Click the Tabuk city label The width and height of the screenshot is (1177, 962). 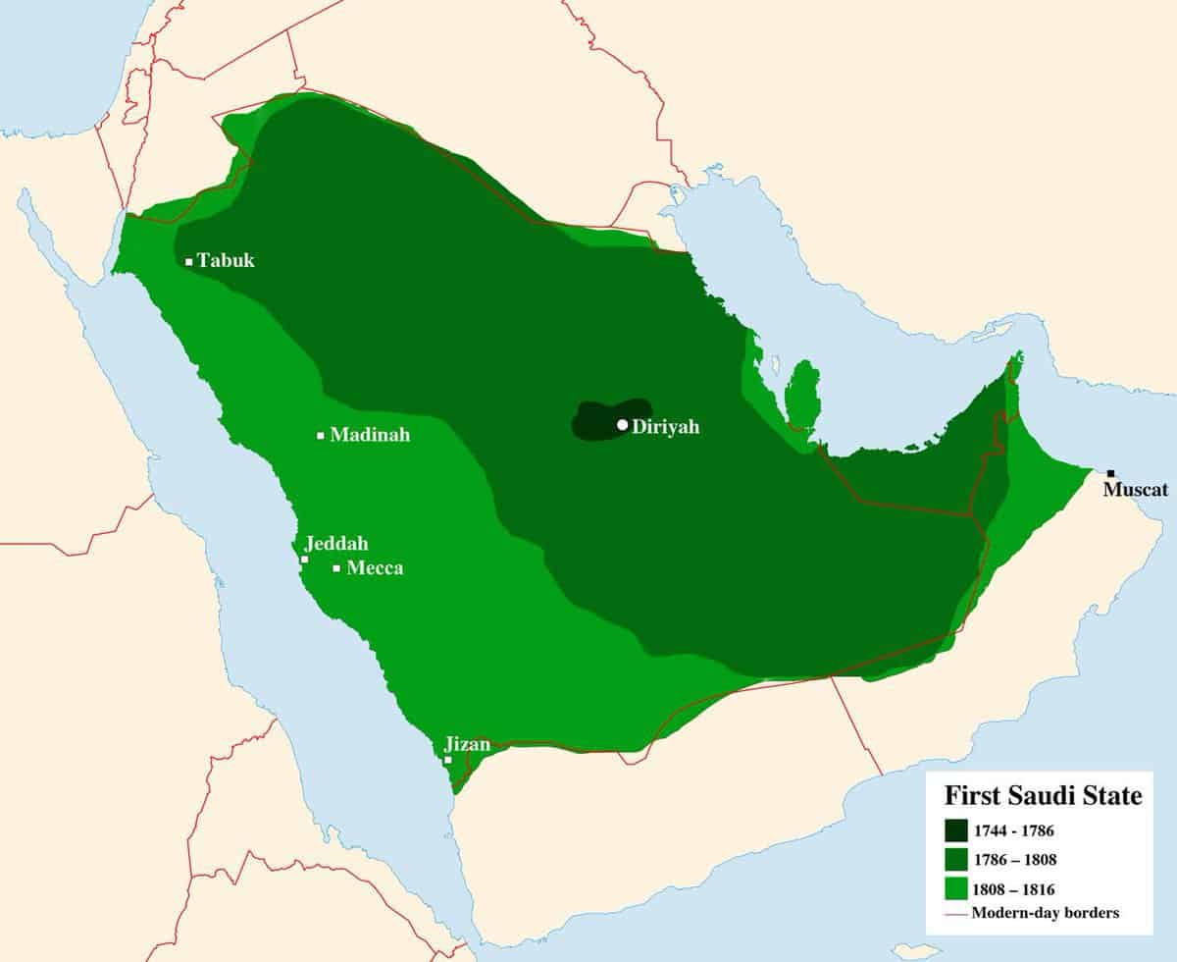pos(226,261)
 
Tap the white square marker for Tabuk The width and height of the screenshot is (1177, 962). pos(188,262)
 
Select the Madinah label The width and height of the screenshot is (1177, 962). pos(370,435)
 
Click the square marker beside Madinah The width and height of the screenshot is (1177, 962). pos(321,436)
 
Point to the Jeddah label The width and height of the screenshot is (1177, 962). pos(336,544)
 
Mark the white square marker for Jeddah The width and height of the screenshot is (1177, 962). pos(305,560)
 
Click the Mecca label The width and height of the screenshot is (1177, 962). pos(375,568)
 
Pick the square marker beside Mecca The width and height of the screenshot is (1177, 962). pos(337,568)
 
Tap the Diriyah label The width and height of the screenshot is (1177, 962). pos(666,427)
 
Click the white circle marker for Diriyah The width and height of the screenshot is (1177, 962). pos(622,425)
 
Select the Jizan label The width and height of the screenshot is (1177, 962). pos(467,744)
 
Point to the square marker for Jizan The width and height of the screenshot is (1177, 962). pos(448,760)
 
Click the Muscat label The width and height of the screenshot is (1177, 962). pos(1136,489)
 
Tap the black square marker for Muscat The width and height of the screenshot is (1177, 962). pos(1110,473)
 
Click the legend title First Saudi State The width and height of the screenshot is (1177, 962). pos(1043,796)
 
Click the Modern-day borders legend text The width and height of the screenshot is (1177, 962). pos(1046,914)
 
